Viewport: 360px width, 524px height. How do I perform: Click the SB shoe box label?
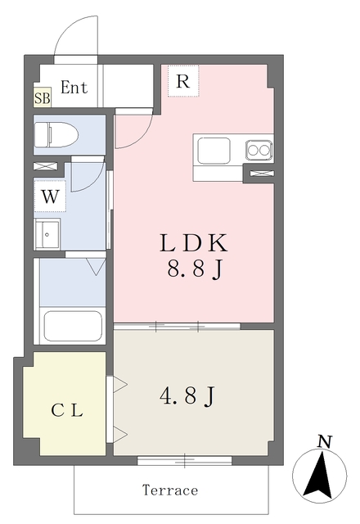[42, 97]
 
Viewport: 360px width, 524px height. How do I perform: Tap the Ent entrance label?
[74, 88]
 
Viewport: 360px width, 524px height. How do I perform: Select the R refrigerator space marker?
[183, 81]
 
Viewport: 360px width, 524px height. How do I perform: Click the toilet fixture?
[56, 134]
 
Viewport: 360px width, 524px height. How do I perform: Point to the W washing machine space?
[50, 196]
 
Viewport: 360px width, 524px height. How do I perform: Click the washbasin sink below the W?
[47, 234]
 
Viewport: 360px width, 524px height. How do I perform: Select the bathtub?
[73, 326]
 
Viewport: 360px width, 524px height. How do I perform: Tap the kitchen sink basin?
[214, 151]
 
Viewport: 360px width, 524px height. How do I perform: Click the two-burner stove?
[259, 150]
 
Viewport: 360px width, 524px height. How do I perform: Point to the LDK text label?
[194, 243]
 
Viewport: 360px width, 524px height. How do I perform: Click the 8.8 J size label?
[195, 269]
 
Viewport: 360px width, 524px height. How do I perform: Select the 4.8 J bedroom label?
[187, 395]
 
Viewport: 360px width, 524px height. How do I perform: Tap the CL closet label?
[67, 410]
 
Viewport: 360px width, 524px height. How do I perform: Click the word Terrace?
[170, 490]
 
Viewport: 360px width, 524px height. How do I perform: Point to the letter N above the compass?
[324, 442]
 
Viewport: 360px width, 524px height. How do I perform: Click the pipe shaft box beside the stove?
[262, 173]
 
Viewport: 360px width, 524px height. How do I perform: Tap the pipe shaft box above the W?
[45, 165]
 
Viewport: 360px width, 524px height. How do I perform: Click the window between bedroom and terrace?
[185, 461]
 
